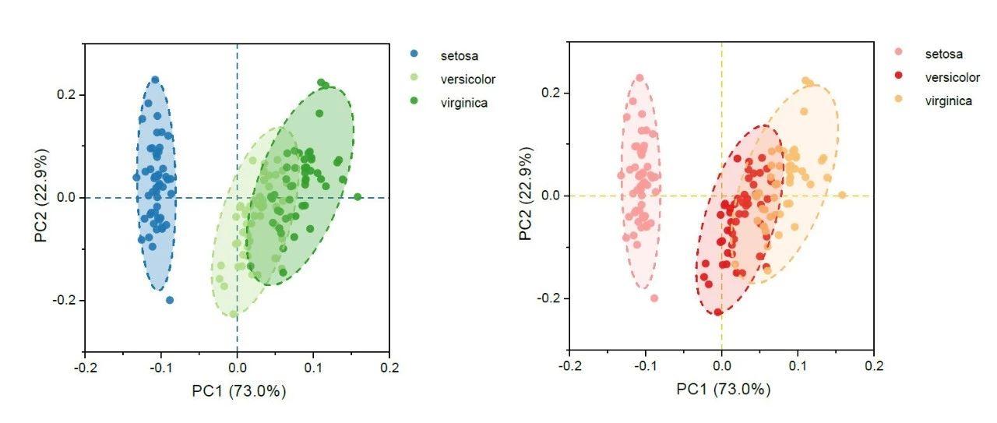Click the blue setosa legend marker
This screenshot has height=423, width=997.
pyautogui.click(x=415, y=55)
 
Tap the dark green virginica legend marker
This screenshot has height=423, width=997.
pyautogui.click(x=415, y=102)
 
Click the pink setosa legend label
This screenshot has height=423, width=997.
pyautogui.click(x=944, y=54)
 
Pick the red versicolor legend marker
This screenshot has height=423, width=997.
pyautogui.click(x=900, y=77)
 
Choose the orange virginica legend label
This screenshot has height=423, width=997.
pyautogui.click(x=948, y=100)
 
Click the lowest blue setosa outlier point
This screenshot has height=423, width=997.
pyautogui.click(x=170, y=300)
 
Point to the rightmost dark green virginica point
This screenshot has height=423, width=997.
pyautogui.click(x=358, y=197)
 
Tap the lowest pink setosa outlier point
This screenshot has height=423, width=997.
pyautogui.click(x=654, y=298)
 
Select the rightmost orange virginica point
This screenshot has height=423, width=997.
pyautogui.click(x=842, y=196)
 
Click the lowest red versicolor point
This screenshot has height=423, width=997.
pyautogui.click(x=718, y=312)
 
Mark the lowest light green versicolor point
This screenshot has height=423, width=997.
pyautogui.click(x=234, y=314)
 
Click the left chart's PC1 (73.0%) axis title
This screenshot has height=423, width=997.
pyautogui.click(x=239, y=392)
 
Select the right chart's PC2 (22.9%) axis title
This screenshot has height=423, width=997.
pyautogui.click(x=527, y=196)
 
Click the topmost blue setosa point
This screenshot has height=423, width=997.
pyautogui.click(x=155, y=80)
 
